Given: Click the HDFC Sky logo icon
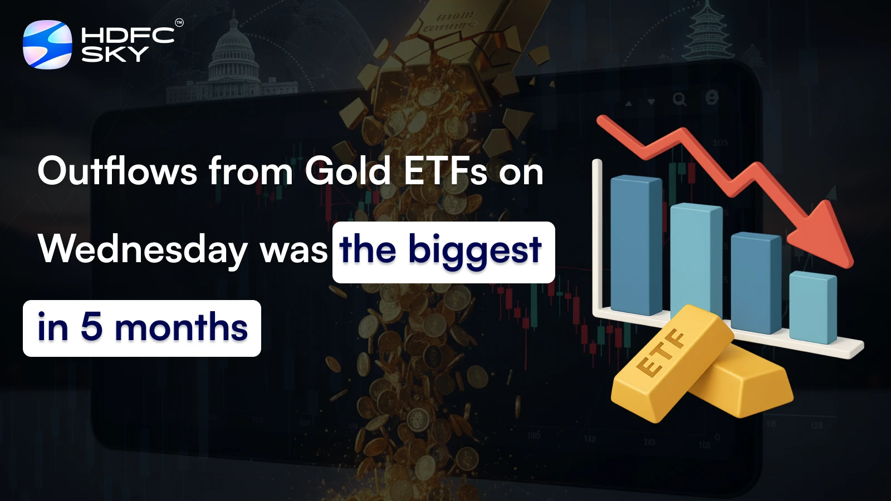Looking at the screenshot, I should pyautogui.click(x=47, y=45).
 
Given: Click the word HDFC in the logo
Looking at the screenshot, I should pyautogui.click(x=128, y=36).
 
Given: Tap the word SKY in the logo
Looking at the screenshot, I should pyautogui.click(x=115, y=54).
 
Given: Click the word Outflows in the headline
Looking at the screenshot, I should pyautogui.click(x=117, y=171).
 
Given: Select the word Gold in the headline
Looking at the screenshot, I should pyautogui.click(x=347, y=171).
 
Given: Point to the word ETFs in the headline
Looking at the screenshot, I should pyautogui.click(x=445, y=171).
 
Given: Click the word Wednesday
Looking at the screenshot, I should pyautogui.click(x=143, y=249).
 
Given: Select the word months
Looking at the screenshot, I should pyautogui.click(x=181, y=327).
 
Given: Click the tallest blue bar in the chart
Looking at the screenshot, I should pyautogui.click(x=635, y=245).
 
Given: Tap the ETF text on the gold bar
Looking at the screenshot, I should pyautogui.click(x=661, y=353).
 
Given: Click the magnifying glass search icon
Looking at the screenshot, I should pyautogui.click(x=679, y=100).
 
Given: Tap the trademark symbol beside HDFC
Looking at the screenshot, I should pyautogui.click(x=179, y=23).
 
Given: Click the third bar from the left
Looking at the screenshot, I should pyautogui.click(x=755, y=281).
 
